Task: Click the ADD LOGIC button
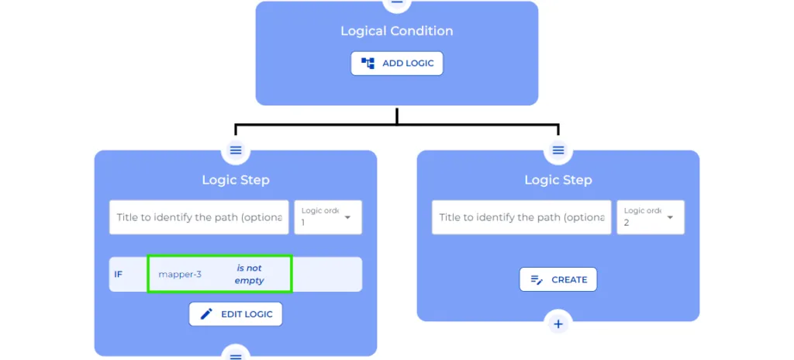click(x=397, y=64)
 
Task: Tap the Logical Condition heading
click(x=397, y=31)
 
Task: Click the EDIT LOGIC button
click(x=236, y=314)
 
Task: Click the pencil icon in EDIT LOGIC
click(x=206, y=314)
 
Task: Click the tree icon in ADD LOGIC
click(x=368, y=64)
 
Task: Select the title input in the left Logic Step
click(x=199, y=217)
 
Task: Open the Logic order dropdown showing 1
click(x=328, y=217)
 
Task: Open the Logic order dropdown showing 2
click(x=651, y=217)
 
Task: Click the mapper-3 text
click(x=180, y=275)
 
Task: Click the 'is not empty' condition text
click(x=249, y=275)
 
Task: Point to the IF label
click(x=119, y=275)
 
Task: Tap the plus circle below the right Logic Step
click(x=558, y=324)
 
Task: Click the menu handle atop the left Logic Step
click(x=236, y=150)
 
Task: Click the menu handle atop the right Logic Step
click(x=558, y=150)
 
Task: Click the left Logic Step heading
click(x=236, y=180)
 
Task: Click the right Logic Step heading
click(x=558, y=180)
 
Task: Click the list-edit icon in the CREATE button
click(x=536, y=280)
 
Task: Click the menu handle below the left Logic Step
click(x=236, y=355)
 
